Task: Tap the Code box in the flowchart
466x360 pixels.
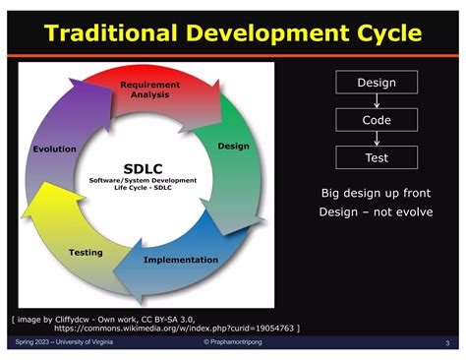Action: click(x=376, y=120)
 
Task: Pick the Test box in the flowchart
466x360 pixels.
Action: click(x=376, y=156)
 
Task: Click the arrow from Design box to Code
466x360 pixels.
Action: click(x=376, y=102)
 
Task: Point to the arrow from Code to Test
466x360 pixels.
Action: click(x=376, y=139)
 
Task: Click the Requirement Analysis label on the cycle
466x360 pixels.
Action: click(x=149, y=90)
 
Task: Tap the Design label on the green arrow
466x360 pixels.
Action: click(x=233, y=146)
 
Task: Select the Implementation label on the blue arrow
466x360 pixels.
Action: click(x=181, y=260)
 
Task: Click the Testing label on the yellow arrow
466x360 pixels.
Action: click(x=86, y=252)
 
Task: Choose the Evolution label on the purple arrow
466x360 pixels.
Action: click(x=54, y=149)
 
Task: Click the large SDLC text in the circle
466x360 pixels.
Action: click(x=144, y=166)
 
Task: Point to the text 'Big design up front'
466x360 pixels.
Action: click(x=375, y=193)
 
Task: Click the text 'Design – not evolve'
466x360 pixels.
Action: click(x=375, y=212)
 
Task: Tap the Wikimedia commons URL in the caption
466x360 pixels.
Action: click(x=178, y=327)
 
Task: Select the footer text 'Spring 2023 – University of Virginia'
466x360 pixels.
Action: click(x=64, y=341)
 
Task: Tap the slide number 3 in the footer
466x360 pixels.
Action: click(x=446, y=342)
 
